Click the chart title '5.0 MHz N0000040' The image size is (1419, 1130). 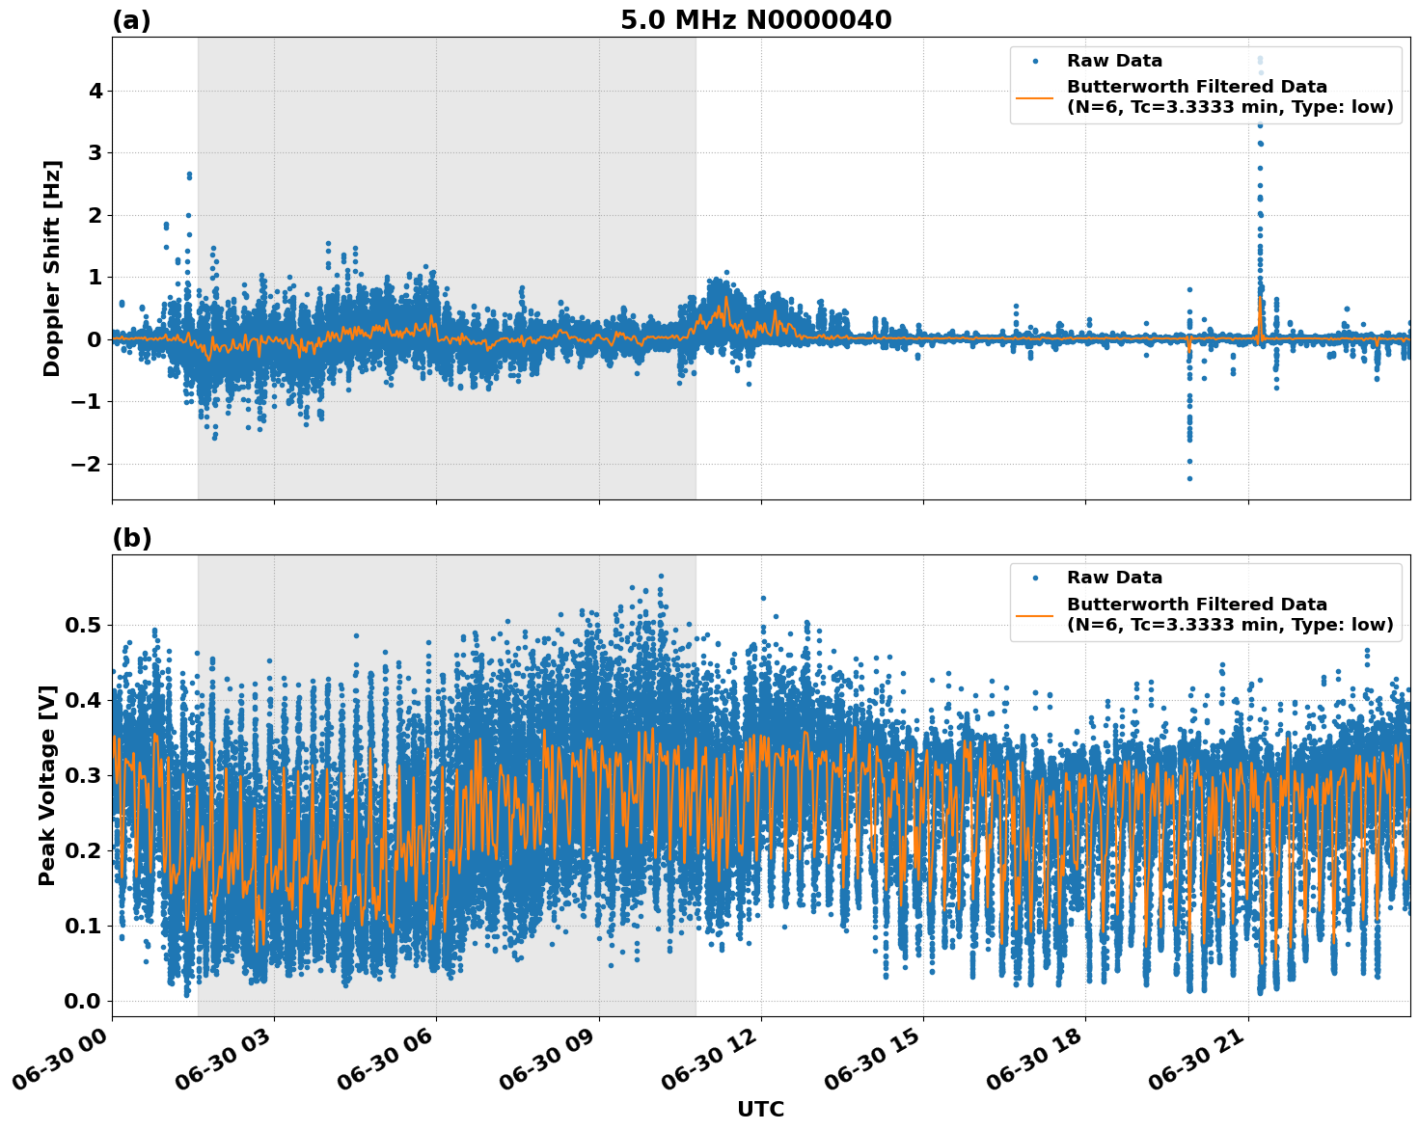[755, 20]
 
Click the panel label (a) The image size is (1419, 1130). [131, 20]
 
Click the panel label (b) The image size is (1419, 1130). [131, 538]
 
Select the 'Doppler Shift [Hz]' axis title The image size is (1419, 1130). [52, 268]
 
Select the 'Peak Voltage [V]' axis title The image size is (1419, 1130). [47, 785]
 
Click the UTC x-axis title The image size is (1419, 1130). [760, 1109]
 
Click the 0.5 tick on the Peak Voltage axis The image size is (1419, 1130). [83, 625]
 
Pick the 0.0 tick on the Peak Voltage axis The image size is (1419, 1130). [83, 1001]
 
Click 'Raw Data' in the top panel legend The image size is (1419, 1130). [1114, 61]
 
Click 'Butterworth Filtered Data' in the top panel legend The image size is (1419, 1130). [1196, 87]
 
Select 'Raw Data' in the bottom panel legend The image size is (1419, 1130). [1114, 578]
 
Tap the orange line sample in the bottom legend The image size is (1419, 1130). [1035, 614]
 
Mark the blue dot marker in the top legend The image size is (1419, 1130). [1035, 61]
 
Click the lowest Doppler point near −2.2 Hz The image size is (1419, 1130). [1189, 478]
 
